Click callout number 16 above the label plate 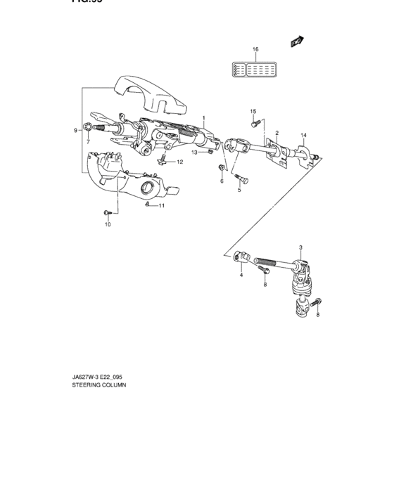[x=255, y=49]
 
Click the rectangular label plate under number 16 [x=255, y=69]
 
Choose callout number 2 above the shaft [x=277, y=133]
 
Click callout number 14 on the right [x=304, y=135]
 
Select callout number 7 [x=88, y=143]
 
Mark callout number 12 [x=179, y=162]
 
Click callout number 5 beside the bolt [x=239, y=190]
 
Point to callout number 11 [x=161, y=206]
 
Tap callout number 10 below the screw [x=108, y=225]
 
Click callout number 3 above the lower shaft [x=300, y=248]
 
